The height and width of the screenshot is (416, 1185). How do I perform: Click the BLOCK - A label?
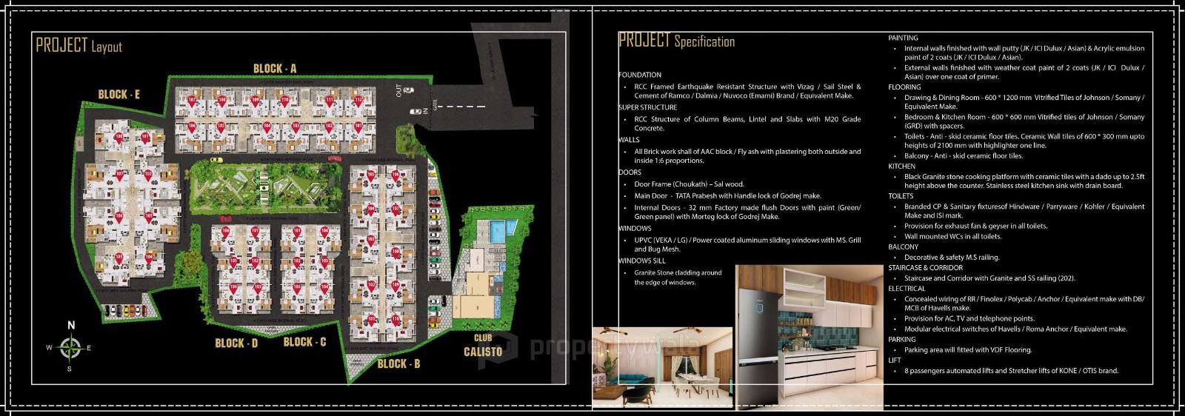point(275,69)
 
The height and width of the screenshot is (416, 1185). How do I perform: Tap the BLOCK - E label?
point(119,94)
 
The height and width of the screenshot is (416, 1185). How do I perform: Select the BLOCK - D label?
point(236,343)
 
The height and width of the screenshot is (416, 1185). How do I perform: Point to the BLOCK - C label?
point(304,341)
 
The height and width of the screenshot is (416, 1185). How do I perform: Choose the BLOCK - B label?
point(398,363)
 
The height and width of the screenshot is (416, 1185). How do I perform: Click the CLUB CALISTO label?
point(483,346)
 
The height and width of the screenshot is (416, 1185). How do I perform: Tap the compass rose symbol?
point(70,346)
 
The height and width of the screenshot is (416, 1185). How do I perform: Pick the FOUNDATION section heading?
point(639,75)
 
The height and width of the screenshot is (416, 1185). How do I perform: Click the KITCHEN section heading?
point(901,167)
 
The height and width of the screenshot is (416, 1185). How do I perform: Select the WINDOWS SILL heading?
point(641,261)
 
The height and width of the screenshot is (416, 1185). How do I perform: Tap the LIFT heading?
point(895,360)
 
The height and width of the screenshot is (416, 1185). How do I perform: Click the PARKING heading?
point(902,339)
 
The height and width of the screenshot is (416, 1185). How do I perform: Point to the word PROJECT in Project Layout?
point(62,45)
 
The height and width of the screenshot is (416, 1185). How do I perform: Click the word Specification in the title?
point(704,41)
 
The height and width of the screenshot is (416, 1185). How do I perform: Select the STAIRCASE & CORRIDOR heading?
point(925,267)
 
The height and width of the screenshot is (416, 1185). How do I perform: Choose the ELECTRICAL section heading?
point(907,288)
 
